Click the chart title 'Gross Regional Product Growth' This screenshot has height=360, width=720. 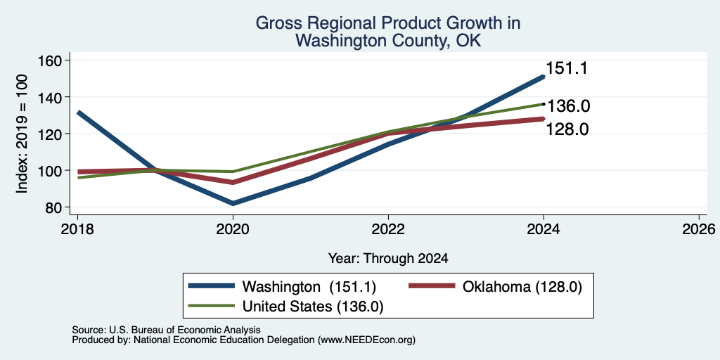click(387, 23)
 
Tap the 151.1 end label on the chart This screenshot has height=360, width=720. click(566, 69)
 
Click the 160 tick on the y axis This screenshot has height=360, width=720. click(56, 60)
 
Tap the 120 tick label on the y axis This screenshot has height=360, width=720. click(56, 134)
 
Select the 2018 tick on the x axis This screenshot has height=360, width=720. click(77, 229)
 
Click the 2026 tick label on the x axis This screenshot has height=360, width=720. click(699, 229)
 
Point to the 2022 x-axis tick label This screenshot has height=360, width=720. click(388, 229)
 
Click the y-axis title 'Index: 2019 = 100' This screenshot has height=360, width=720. click(22, 134)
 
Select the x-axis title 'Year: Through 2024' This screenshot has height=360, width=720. click(388, 259)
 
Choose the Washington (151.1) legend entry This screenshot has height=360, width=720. click(283, 287)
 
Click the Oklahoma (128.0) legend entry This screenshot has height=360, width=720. click(496, 287)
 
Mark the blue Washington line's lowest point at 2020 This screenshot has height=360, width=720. click(233, 203)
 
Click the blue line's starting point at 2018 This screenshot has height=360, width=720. click(79, 112)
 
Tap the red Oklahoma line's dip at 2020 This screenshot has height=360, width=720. click(233, 182)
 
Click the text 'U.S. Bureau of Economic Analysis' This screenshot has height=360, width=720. click(185, 330)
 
